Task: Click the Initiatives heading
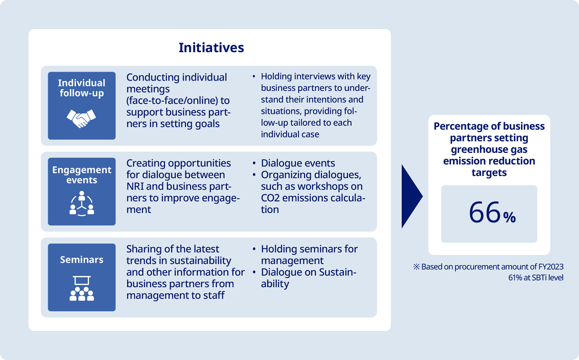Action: pos(211,47)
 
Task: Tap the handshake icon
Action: pos(81,118)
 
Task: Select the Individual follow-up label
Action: pos(82,88)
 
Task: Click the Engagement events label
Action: pos(82,175)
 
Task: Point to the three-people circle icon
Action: pos(82,204)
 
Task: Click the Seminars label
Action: pos(82,260)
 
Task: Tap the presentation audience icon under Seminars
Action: pos(82,288)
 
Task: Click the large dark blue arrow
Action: pos(412,196)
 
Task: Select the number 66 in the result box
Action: pos(484,213)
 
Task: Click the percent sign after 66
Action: pos(509,217)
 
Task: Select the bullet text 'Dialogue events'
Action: pos(298,163)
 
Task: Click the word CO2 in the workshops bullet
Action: pos(270,198)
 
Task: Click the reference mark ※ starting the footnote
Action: pos(417,267)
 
